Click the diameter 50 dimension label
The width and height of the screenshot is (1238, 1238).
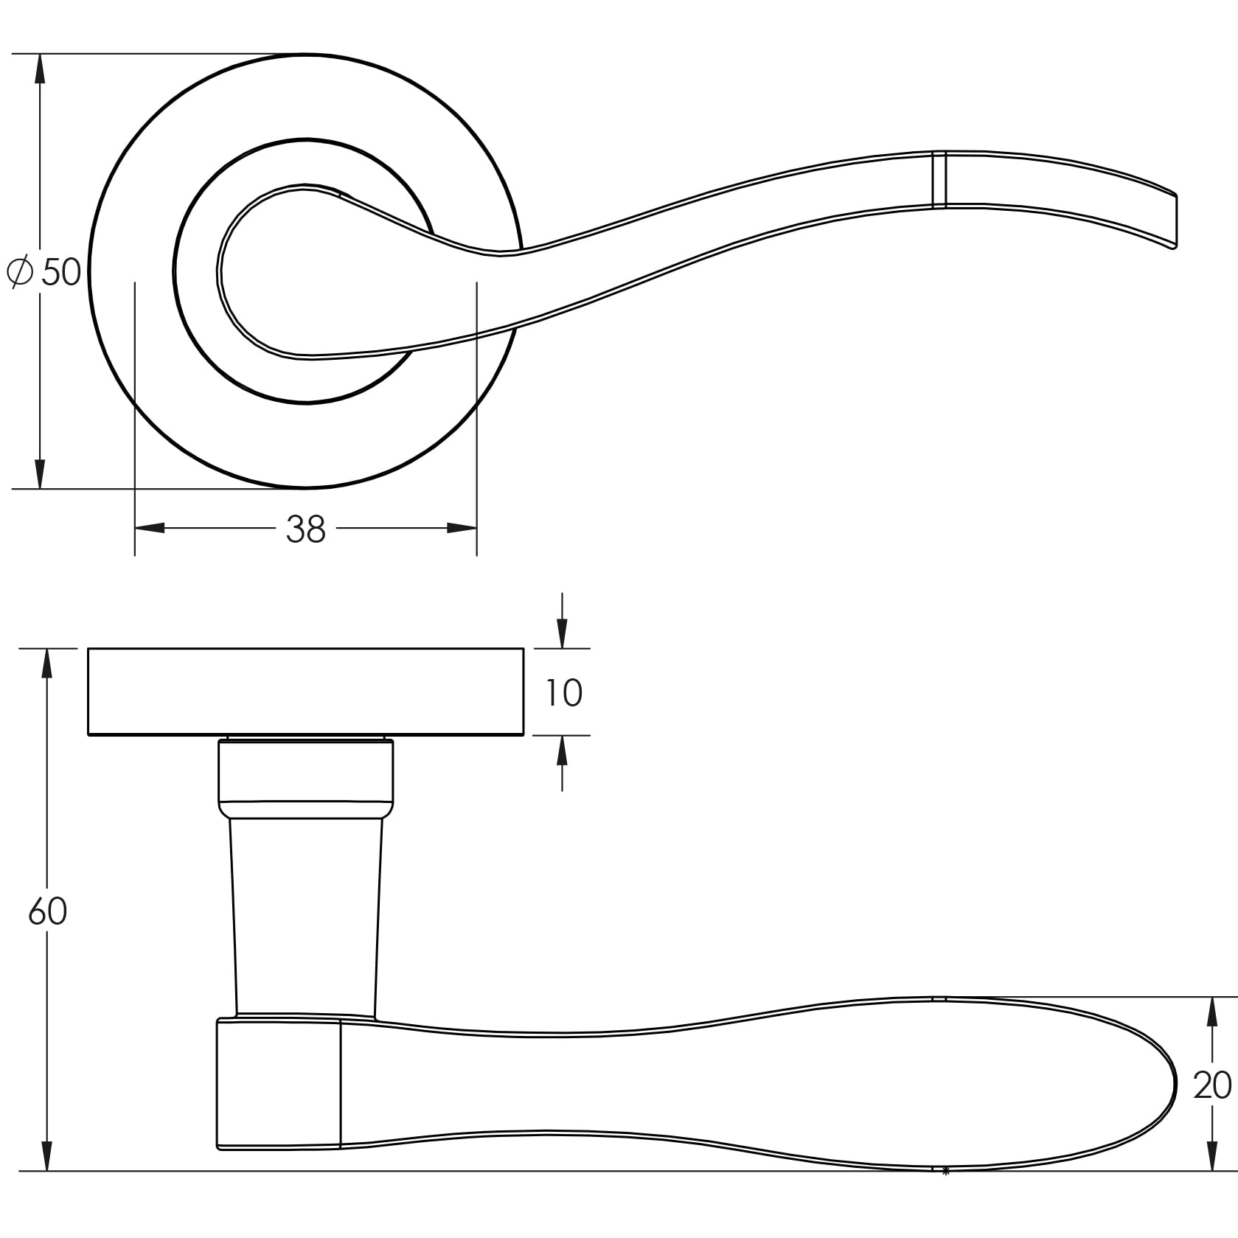(44, 272)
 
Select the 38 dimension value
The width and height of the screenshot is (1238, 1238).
(305, 529)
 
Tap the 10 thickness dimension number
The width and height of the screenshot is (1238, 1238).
(564, 692)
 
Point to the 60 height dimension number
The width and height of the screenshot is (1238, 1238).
(47, 911)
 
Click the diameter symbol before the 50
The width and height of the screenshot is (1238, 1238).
(20, 272)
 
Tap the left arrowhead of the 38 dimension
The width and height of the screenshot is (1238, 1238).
(150, 528)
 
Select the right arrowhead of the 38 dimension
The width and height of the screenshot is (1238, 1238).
(462, 528)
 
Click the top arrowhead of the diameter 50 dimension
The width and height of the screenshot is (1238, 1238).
(40, 69)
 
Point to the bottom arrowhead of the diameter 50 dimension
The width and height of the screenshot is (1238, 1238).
(40, 473)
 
